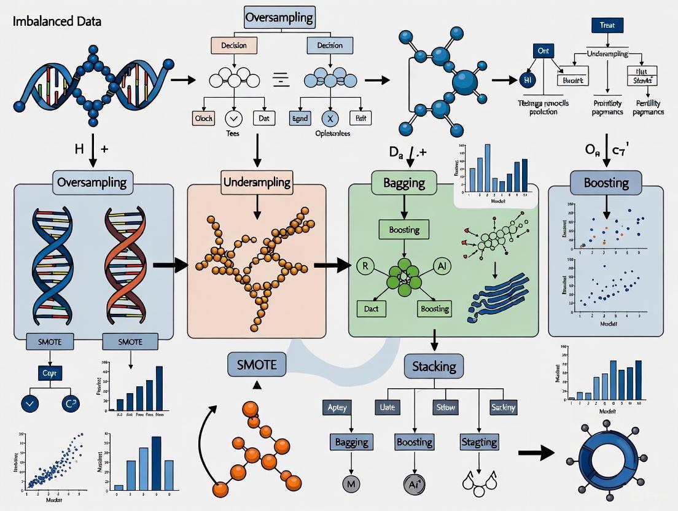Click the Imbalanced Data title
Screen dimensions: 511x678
click(x=56, y=21)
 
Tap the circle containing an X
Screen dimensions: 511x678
click(x=330, y=119)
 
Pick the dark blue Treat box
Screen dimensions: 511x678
click(x=607, y=26)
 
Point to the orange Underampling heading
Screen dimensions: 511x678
click(x=257, y=182)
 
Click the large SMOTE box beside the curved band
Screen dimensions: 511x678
click(x=257, y=365)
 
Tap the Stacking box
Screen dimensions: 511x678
click(x=434, y=367)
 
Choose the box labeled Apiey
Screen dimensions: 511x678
click(x=337, y=407)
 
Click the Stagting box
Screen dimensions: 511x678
click(x=479, y=442)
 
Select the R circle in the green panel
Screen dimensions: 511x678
click(x=364, y=267)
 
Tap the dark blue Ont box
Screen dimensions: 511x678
click(x=543, y=52)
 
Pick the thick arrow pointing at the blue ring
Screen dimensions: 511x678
click(x=536, y=453)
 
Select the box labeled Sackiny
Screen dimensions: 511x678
click(x=504, y=407)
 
